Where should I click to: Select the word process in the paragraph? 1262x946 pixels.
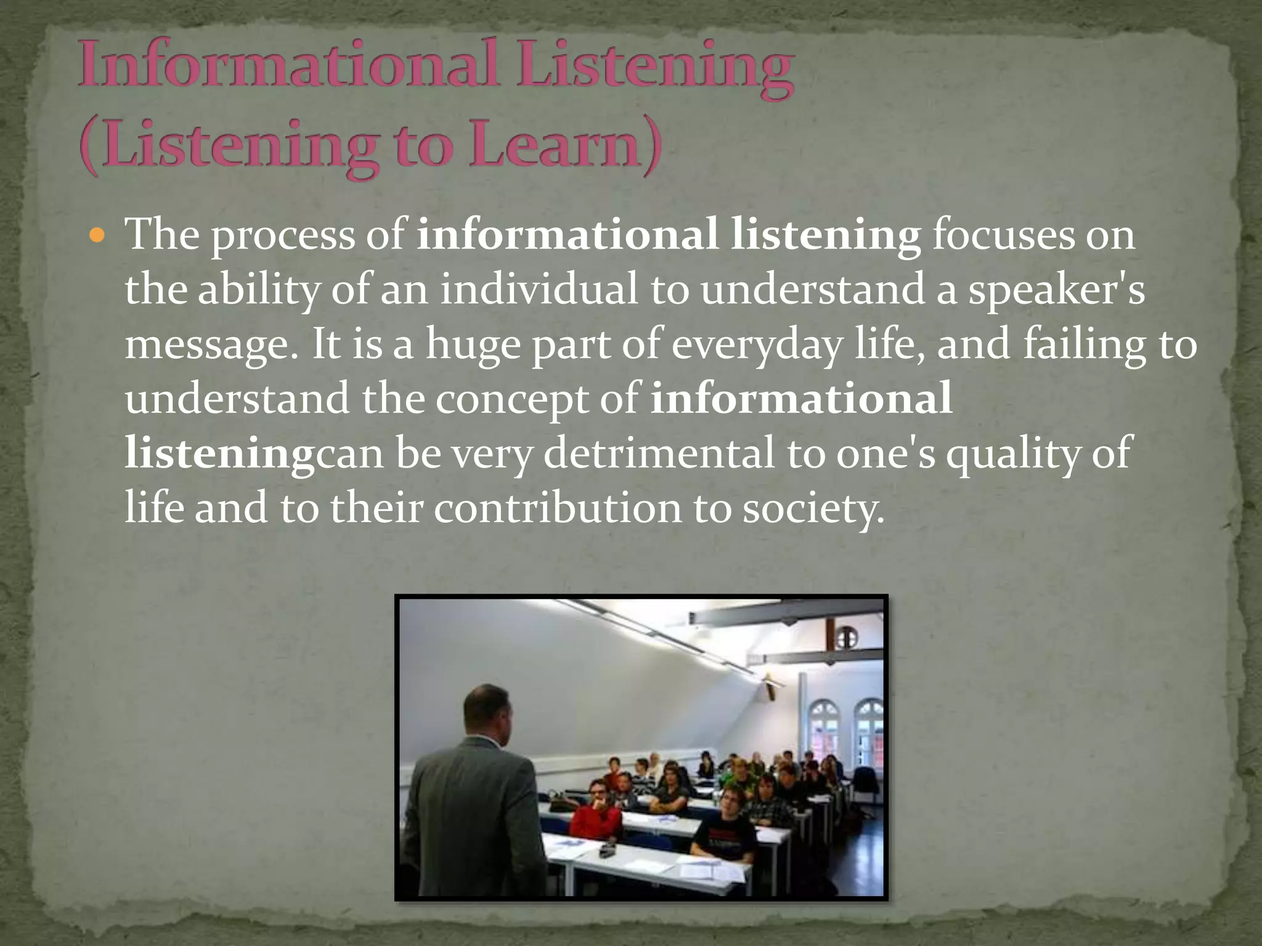(x=283, y=236)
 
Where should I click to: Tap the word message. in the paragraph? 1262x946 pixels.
(x=212, y=345)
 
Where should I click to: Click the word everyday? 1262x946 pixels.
(x=755, y=345)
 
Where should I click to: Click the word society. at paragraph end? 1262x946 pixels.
(x=813, y=508)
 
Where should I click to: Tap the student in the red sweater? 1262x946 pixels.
(x=595, y=813)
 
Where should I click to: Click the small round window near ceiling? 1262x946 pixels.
(x=847, y=637)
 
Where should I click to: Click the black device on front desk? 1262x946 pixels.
(x=607, y=852)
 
